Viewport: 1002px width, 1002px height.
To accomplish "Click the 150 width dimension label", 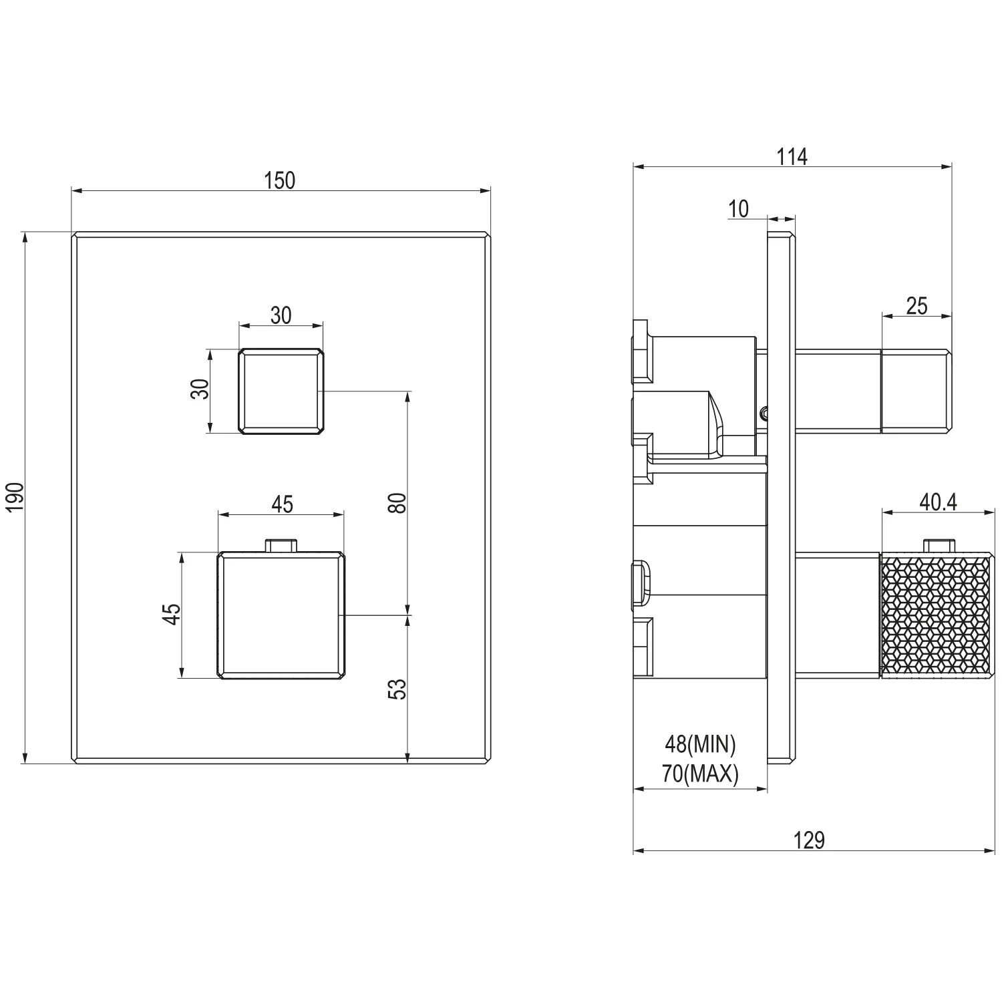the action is pyautogui.click(x=280, y=180).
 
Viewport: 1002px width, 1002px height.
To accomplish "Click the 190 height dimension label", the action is pyautogui.click(x=15, y=498).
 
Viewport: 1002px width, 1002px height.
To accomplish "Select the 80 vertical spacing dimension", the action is pyautogui.click(x=397, y=502).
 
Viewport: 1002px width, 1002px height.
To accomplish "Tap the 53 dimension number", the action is pyautogui.click(x=397, y=689).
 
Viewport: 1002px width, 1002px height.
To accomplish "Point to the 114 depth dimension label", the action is pyautogui.click(x=792, y=156).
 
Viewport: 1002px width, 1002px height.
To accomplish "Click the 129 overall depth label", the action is pyautogui.click(x=810, y=840).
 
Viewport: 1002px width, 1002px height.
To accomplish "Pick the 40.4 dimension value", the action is pyautogui.click(x=938, y=502).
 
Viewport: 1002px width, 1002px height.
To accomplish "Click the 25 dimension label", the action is pyautogui.click(x=916, y=305).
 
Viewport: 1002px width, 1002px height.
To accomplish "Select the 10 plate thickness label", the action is pyautogui.click(x=739, y=209).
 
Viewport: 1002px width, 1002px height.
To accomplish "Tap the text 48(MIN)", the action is pyautogui.click(x=700, y=743).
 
